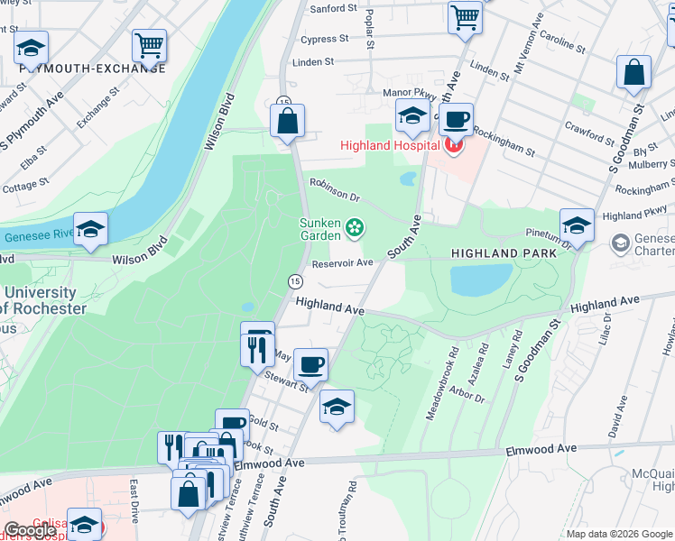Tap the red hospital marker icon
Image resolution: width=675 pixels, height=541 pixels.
[x=453, y=144]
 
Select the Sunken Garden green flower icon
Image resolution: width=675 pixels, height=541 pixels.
[x=355, y=226]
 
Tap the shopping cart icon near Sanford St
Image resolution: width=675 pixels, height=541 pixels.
[x=464, y=16]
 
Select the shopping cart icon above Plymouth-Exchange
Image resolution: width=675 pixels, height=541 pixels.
[x=149, y=44]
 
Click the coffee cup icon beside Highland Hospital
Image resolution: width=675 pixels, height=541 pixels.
[x=456, y=119]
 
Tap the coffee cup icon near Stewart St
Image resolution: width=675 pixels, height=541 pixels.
[x=310, y=364]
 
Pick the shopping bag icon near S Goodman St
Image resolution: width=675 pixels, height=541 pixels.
[x=633, y=71]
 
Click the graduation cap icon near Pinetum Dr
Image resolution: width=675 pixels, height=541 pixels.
[x=577, y=225]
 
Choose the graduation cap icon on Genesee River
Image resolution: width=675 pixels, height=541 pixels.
[x=90, y=229]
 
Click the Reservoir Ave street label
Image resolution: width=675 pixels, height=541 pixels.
[x=342, y=263]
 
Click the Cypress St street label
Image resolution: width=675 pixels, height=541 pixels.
[x=325, y=40]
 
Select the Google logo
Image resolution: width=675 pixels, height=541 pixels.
[x=31, y=530]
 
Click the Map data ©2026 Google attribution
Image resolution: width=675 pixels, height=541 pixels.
[x=619, y=534]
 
